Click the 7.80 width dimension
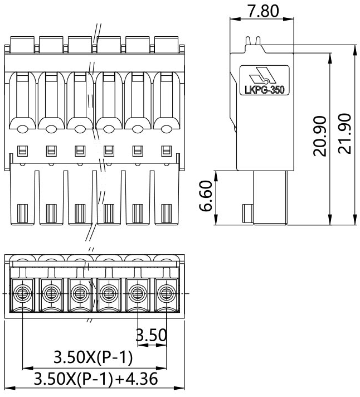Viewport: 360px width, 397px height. point(262,11)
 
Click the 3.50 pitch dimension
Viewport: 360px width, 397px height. point(152,335)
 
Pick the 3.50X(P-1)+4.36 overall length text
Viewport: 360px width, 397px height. point(96,379)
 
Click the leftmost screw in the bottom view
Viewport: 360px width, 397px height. point(22,293)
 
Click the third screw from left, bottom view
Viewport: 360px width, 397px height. point(80,293)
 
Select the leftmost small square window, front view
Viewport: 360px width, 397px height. point(22,150)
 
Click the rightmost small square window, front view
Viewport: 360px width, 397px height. point(166,150)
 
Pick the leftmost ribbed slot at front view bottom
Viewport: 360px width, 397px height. point(22,214)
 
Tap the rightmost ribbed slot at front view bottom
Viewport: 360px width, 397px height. point(166,214)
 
